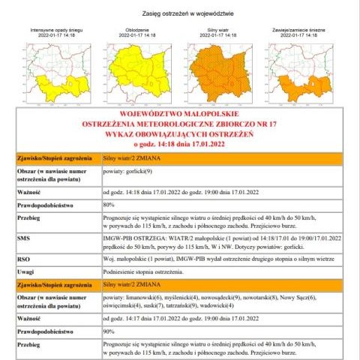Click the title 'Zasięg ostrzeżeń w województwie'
(x=180, y=13)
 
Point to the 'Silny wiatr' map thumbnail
(x=222, y=71)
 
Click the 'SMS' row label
(x=23, y=237)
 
